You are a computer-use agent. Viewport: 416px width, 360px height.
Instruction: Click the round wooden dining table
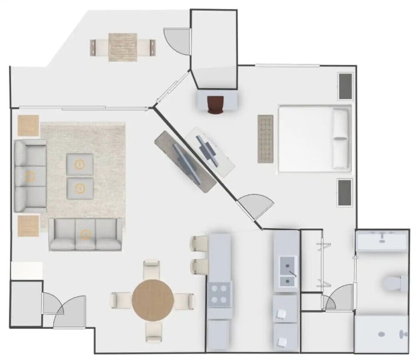[153, 300]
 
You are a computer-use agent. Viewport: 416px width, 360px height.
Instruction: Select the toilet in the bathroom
[395, 283]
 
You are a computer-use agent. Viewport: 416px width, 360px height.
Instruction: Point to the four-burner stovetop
[219, 295]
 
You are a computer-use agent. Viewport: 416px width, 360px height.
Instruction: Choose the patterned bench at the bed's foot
[265, 139]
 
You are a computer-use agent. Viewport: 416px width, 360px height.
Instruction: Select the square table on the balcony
[123, 47]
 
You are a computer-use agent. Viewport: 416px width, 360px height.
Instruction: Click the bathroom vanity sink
[381, 241]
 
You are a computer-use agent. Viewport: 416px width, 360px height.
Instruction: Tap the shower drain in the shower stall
[382, 334]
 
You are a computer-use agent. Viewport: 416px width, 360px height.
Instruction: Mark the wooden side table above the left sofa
[28, 125]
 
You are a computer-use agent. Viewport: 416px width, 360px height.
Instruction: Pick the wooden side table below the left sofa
[28, 226]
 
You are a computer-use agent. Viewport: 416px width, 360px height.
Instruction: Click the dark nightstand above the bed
[345, 86]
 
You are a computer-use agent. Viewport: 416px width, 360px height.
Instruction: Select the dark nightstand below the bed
[345, 193]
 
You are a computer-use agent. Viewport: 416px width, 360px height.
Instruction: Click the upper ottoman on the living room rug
[80, 164]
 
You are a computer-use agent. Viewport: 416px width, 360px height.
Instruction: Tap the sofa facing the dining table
[85, 234]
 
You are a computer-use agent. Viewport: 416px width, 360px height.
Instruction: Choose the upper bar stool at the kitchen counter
[200, 243]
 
